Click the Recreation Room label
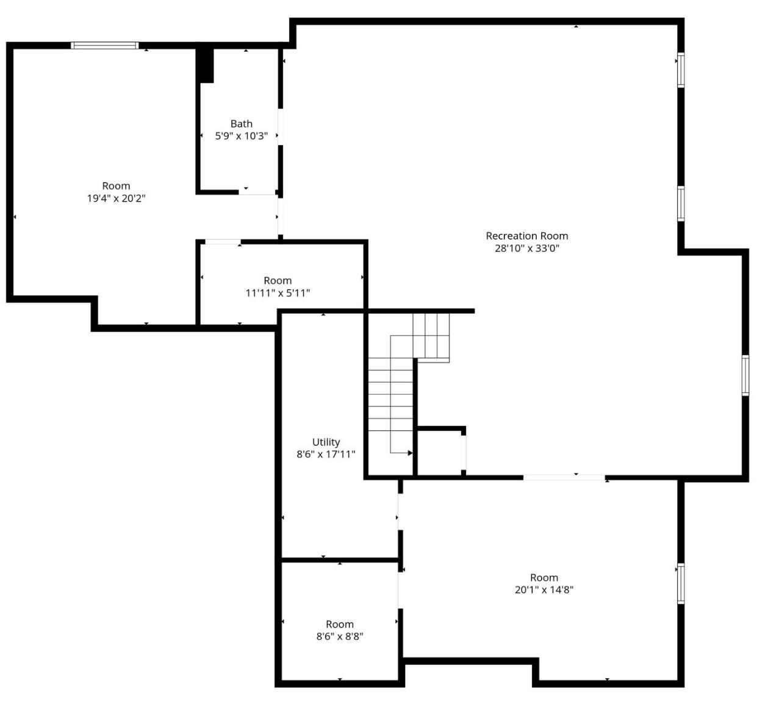[x=526, y=236]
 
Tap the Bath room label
[x=241, y=124]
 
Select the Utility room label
[x=326, y=442]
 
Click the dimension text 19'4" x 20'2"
[x=116, y=198]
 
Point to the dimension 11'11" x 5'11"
[x=278, y=293]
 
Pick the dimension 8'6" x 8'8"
[x=340, y=637]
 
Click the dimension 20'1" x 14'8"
[x=544, y=590]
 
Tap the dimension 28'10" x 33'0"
[x=526, y=248]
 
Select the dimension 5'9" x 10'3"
[x=241, y=136]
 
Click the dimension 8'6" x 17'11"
[x=326, y=454]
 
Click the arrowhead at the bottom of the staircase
[x=409, y=453]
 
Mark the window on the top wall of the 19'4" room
[x=104, y=46]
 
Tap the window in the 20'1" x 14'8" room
[x=681, y=583]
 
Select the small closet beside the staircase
[x=439, y=452]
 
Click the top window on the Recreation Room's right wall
[x=681, y=70]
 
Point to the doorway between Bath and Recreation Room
[x=281, y=127]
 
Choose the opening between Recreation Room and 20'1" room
[x=564, y=477]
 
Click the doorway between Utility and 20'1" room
[x=400, y=511]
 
